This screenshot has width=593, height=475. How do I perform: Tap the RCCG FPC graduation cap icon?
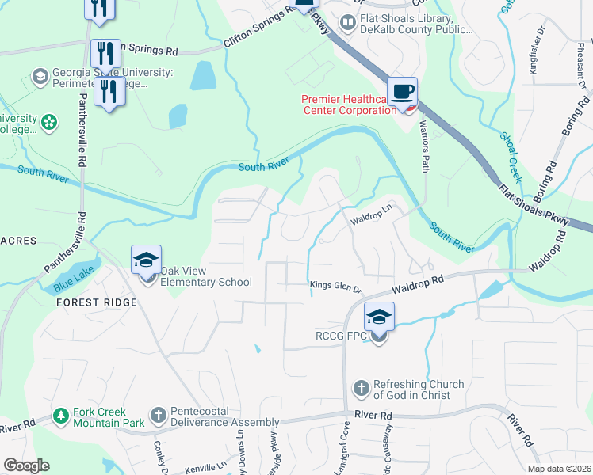(x=380, y=317)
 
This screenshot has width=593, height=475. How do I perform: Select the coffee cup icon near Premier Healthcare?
(x=403, y=91)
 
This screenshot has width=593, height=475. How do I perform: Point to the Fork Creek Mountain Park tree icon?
(x=60, y=416)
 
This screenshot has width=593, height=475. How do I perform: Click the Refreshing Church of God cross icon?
(x=361, y=388)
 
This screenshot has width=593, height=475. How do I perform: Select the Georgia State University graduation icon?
(x=40, y=77)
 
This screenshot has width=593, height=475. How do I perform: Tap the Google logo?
(x=26, y=465)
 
